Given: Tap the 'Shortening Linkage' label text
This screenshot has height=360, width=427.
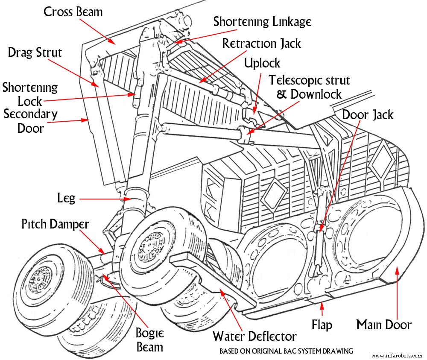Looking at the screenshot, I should (262, 22).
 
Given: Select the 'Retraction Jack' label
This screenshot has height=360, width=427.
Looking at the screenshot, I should (261, 44).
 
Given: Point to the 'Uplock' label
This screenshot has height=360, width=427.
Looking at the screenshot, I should (262, 64).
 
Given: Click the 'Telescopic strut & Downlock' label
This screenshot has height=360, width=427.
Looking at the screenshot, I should (309, 87).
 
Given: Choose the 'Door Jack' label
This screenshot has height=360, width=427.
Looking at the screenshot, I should (368, 114).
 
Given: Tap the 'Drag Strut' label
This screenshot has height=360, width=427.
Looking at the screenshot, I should (35, 53).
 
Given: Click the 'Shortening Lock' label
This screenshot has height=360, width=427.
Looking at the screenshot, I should (30, 94).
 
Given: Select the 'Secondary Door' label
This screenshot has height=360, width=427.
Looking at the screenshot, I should (30, 121).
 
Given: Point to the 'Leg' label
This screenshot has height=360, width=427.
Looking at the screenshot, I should (66, 198).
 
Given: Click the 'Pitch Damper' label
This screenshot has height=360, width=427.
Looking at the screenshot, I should (56, 224).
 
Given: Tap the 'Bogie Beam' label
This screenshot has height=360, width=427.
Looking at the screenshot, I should (149, 340).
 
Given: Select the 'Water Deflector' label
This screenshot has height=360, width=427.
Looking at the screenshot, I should (254, 336).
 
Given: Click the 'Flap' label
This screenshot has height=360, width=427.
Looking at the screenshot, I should (322, 325).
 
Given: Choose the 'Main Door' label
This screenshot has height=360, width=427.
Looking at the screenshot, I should (384, 325).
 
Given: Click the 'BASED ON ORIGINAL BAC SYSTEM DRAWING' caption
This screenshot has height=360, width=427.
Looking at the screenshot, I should (286, 351).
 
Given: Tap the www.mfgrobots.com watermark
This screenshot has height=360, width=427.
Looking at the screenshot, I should (397, 355).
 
